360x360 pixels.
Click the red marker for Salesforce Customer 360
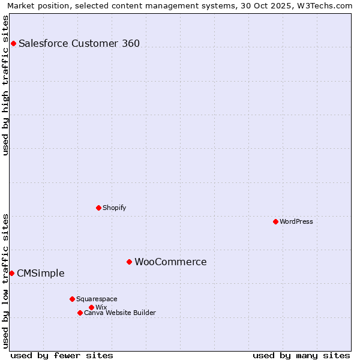pos(13,43)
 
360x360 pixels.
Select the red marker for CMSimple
pos(11,273)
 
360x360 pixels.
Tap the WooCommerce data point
pos(129,262)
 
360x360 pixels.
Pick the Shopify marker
pos(98,208)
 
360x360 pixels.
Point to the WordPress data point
pos(275,221)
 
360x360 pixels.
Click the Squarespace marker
pos(72,299)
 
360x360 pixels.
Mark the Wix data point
pos(91,307)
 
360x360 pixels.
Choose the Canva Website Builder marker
pos(80,313)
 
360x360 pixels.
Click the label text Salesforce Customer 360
pos(79,43)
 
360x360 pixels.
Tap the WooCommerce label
pos(170,262)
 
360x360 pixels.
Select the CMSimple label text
pos(40,273)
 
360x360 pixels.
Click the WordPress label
pos(296,221)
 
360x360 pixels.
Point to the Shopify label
pos(114,208)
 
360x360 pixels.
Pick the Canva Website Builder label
pos(120,313)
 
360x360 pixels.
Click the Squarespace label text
pos(97,299)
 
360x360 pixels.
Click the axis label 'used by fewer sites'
pos(62,355)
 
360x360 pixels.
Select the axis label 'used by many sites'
pos(301,355)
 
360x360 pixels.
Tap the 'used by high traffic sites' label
pos(5,85)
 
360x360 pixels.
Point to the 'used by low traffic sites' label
pos(5,280)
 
